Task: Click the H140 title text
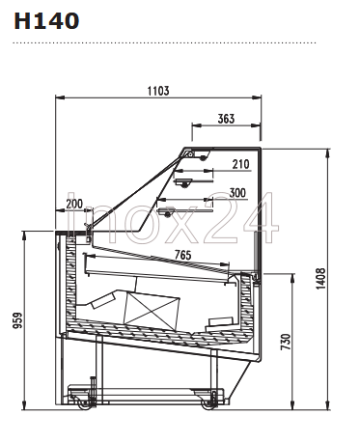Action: click(46, 21)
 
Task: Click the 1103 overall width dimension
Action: click(158, 91)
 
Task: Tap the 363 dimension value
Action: click(226, 119)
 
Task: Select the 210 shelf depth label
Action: click(241, 164)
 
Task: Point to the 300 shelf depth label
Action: click(237, 193)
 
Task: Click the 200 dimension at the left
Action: click(74, 204)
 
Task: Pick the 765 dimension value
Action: click(182, 255)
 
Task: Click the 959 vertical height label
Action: click(18, 320)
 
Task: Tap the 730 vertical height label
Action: click(286, 342)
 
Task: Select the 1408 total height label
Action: click(320, 279)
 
